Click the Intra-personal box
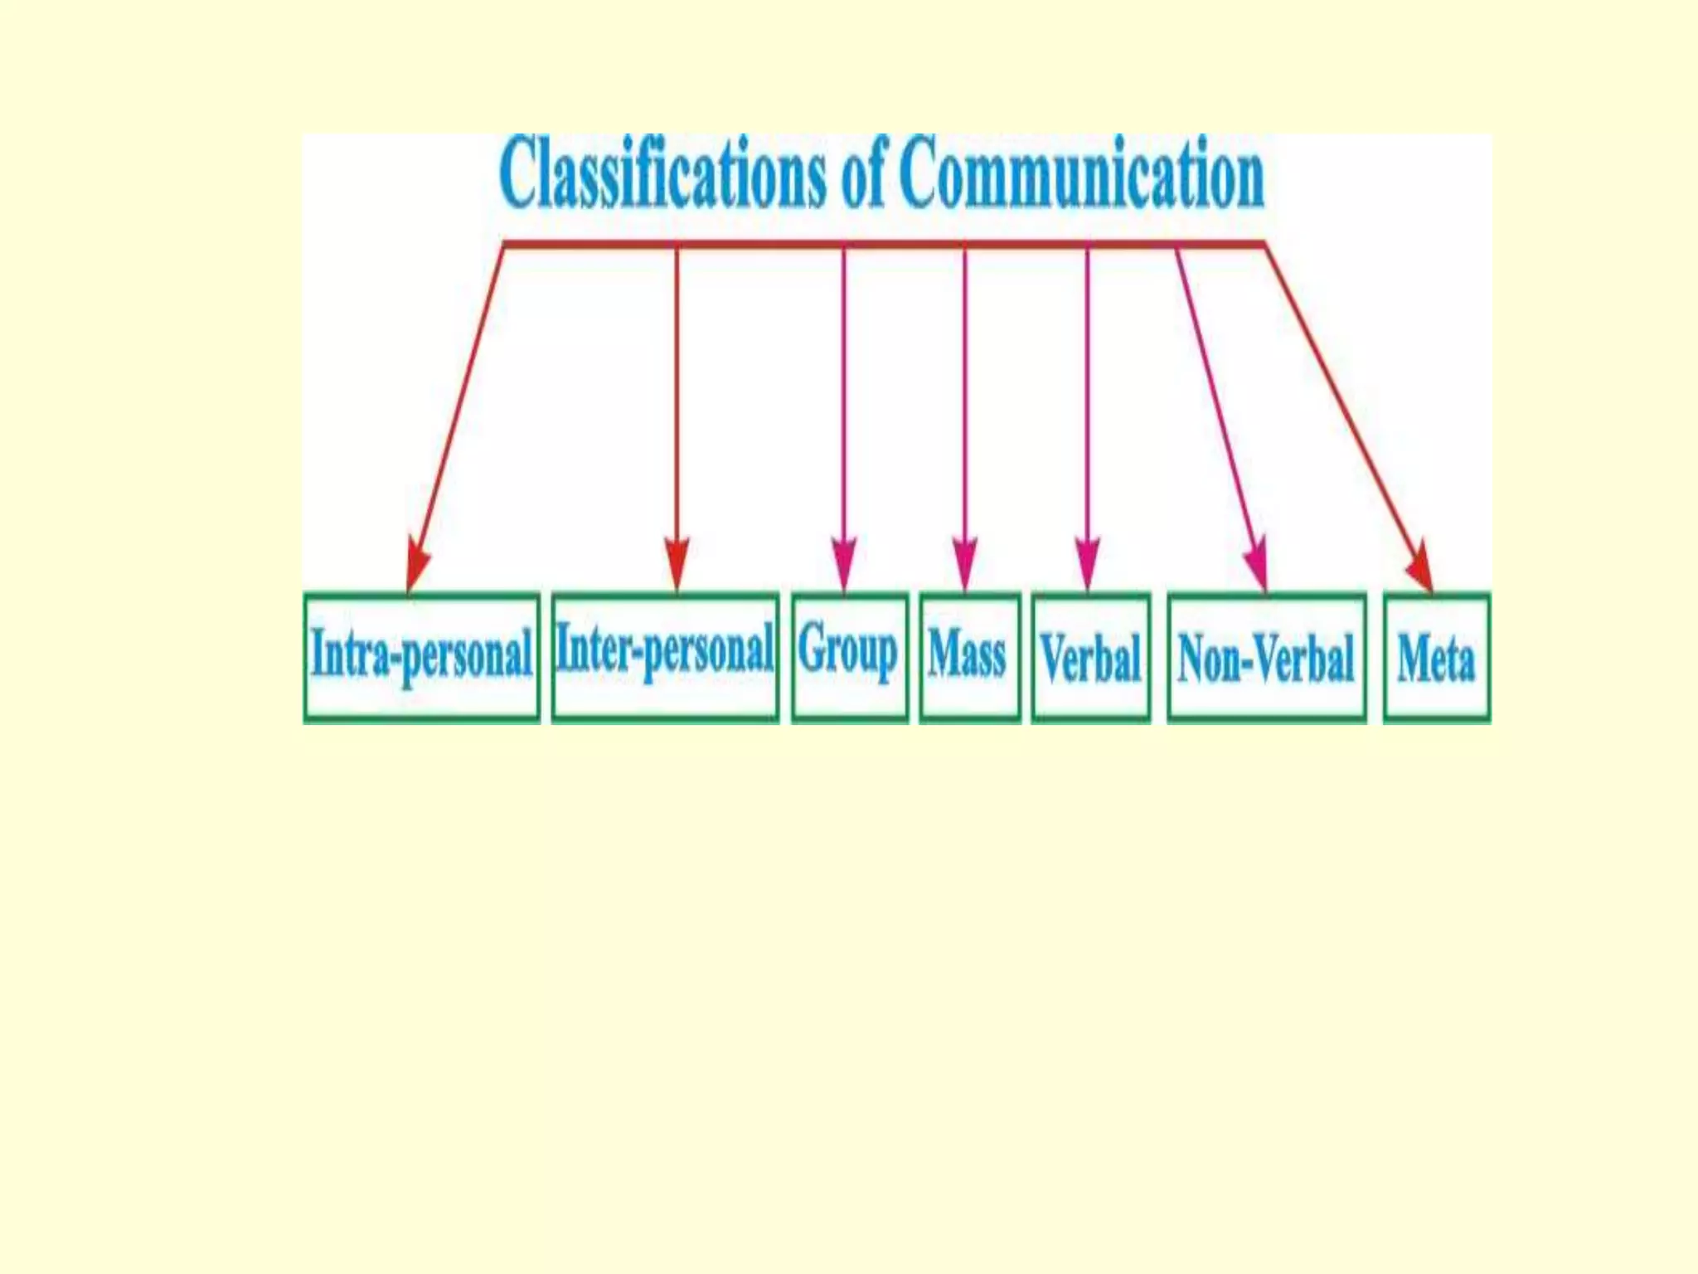pyautogui.click(x=421, y=657)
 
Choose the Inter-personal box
pyautogui.click(x=665, y=656)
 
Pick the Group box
pyautogui.click(x=850, y=656)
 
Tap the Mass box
pyautogui.click(x=969, y=656)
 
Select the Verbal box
pyautogui.click(x=1091, y=657)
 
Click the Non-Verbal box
pyautogui.click(x=1266, y=657)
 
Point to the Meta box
pyautogui.click(x=1436, y=657)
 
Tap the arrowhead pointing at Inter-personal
pyautogui.click(x=677, y=563)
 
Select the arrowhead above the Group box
pyautogui.click(x=844, y=563)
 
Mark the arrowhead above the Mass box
pyautogui.click(x=964, y=563)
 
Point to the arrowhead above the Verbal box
pyautogui.click(x=1087, y=563)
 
